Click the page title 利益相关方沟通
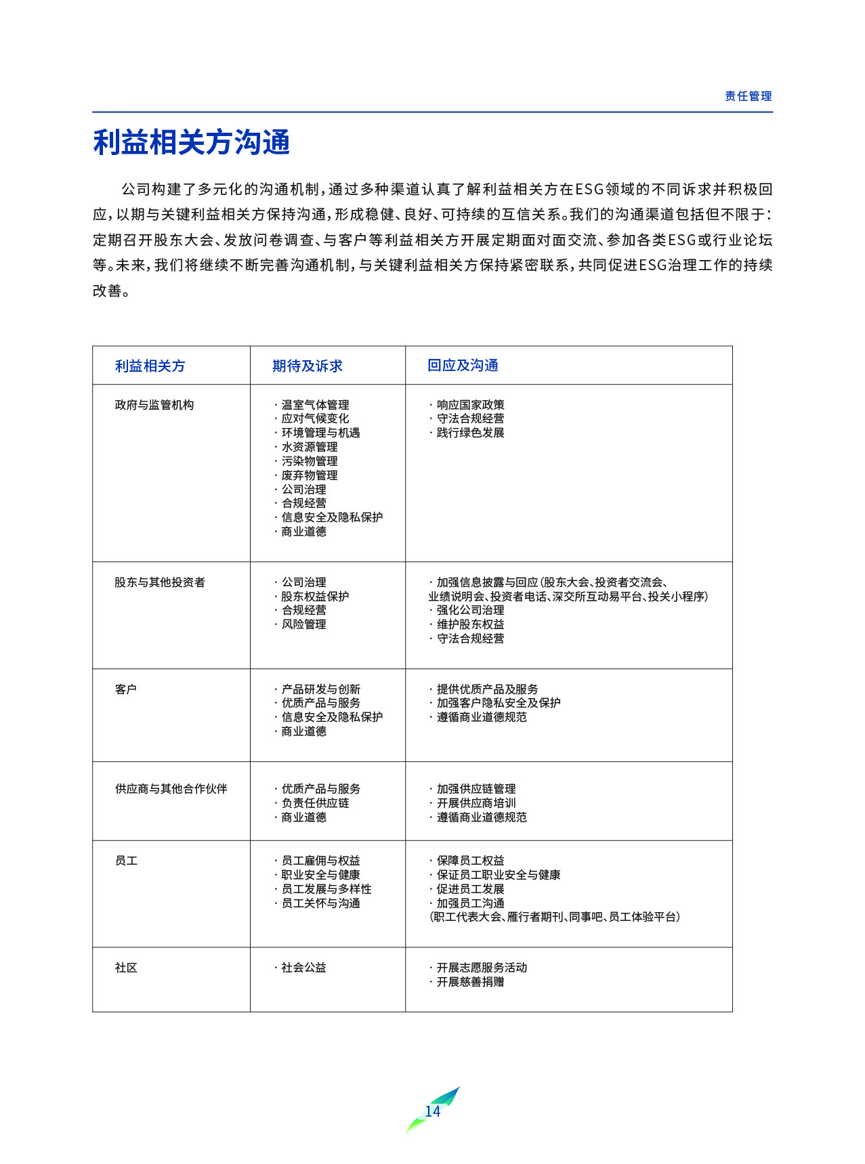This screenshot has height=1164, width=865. click(x=192, y=142)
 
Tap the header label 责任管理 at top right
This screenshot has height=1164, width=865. click(x=748, y=96)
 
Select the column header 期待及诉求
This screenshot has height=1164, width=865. click(x=308, y=366)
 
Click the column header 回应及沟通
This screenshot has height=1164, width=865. click(x=463, y=366)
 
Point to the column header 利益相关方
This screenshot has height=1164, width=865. click(x=150, y=366)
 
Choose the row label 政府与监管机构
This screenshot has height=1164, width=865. click(x=154, y=405)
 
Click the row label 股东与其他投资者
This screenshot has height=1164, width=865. click(x=160, y=582)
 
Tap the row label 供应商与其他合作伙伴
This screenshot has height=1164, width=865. click(x=171, y=789)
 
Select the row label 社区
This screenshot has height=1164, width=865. click(x=126, y=968)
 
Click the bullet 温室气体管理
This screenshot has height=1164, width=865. click(x=315, y=405)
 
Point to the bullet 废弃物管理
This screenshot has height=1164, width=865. click(x=310, y=475)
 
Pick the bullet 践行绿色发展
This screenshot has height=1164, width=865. click(x=470, y=433)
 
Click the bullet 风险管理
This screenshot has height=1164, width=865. click(x=303, y=624)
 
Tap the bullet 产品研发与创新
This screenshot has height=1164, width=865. click(x=320, y=689)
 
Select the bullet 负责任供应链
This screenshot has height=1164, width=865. click(x=315, y=803)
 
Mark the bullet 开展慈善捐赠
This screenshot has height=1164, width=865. click(x=470, y=982)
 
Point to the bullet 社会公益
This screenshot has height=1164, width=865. click(x=303, y=968)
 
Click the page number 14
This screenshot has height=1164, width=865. click(x=432, y=1111)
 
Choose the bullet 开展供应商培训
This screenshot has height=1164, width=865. click(x=476, y=803)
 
